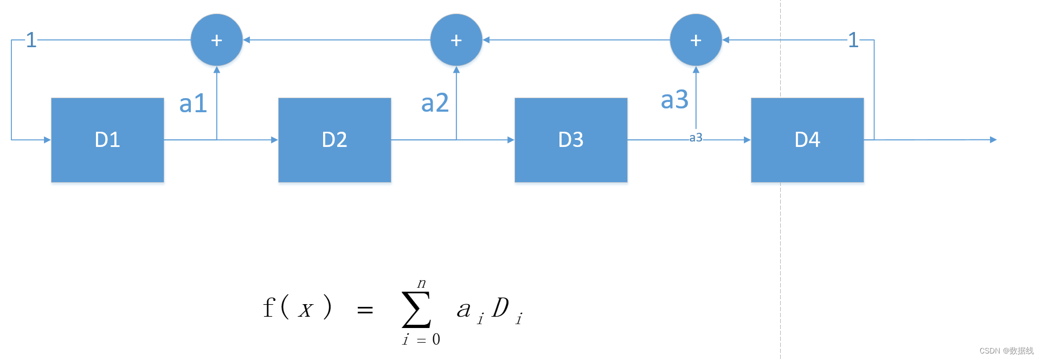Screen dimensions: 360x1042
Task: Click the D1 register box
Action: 107,140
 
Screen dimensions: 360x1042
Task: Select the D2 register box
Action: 335,140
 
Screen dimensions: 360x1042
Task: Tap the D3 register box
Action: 571,140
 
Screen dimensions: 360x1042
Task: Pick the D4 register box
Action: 807,140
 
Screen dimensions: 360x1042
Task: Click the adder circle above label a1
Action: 216,40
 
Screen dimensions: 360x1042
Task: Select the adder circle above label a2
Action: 456,40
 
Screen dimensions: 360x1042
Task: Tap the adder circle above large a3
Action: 696,40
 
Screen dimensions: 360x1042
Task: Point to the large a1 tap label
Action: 193,103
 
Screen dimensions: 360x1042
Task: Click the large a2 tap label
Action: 435,102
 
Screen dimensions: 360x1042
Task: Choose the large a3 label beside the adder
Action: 674,100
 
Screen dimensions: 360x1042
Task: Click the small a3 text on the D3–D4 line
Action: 696,138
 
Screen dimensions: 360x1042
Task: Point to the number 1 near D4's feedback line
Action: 853,40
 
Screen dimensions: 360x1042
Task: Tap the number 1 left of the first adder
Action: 31,40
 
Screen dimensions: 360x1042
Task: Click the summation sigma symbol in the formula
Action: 416,310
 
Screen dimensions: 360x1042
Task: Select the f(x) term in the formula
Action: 297,307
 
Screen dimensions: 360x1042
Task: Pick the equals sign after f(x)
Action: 365,310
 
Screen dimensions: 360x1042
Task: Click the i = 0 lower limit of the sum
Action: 421,340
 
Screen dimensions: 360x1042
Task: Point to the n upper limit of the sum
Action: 421,283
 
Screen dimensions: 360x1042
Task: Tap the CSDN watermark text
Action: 1006,351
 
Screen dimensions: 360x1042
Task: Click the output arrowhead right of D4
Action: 993,140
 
